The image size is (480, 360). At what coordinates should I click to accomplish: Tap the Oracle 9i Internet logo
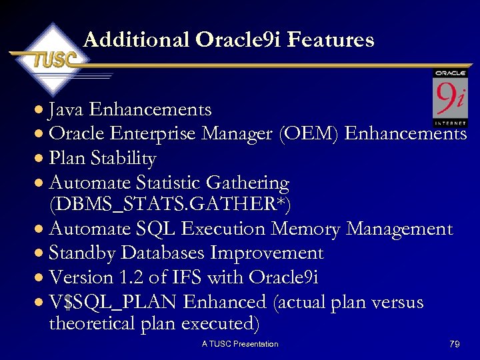point(450,97)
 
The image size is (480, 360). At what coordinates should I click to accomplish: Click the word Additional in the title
point(137,40)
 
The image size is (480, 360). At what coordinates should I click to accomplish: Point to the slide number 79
point(454,344)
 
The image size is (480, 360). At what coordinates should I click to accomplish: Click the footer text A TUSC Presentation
point(240,344)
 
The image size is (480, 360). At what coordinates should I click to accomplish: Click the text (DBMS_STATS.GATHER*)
point(160,203)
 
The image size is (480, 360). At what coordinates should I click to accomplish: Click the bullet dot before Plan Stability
point(40,159)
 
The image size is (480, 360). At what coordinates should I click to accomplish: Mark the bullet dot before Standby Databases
point(40,254)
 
